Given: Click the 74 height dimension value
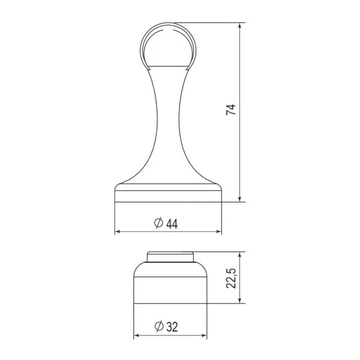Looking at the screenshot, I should pyautogui.click(x=232, y=110).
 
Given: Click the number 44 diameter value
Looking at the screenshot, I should pyautogui.click(x=172, y=224).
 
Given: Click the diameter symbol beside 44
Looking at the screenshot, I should pyautogui.click(x=158, y=224).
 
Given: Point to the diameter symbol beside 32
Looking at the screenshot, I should pyautogui.click(x=158, y=327).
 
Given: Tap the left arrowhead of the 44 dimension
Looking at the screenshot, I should pyautogui.click(x=118, y=232).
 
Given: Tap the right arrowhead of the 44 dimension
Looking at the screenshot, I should pyautogui.click(x=218, y=232).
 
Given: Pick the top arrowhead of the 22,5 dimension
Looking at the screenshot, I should pyautogui.click(x=240, y=255).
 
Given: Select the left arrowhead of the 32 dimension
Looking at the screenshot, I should pyautogui.click(x=137, y=335).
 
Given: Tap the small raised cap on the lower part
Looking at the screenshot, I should pyautogui.click(x=171, y=258).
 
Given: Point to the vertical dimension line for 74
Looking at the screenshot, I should pyautogui.click(x=240, y=150).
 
